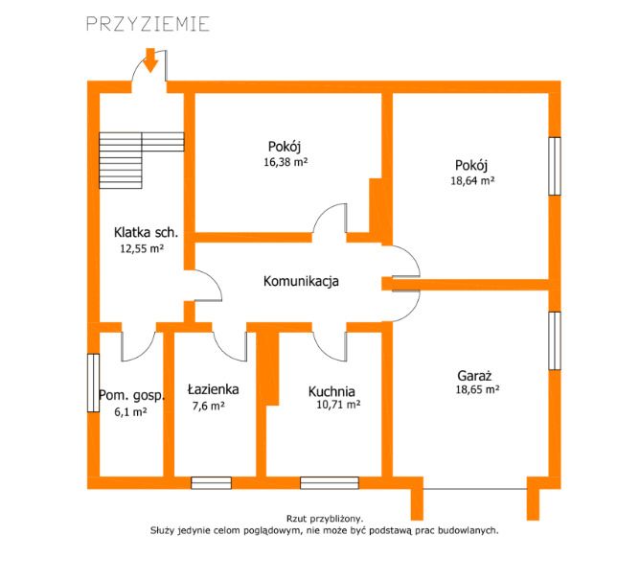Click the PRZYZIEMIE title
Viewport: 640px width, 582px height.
point(149,24)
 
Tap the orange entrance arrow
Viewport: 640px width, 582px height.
point(151,60)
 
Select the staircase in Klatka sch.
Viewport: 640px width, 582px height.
point(141,160)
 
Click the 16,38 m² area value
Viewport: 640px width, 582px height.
point(286,162)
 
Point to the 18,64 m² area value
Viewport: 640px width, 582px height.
point(472,180)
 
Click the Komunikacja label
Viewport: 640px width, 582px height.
point(301,281)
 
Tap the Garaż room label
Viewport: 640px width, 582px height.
point(474,375)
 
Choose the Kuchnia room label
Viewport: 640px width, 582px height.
point(331,391)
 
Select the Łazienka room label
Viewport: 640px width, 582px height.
point(213,389)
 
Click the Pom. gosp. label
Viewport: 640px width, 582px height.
point(132,396)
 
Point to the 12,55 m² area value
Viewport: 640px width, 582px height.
point(142,248)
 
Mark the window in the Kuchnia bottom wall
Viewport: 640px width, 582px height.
point(330,482)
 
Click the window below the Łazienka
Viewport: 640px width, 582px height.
point(212,482)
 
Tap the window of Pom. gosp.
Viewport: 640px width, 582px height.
point(94,383)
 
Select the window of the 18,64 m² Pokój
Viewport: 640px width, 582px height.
point(555,166)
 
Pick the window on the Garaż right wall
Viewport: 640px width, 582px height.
point(555,340)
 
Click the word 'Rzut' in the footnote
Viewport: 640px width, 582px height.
point(296,519)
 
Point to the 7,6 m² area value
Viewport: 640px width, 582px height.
point(208,407)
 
